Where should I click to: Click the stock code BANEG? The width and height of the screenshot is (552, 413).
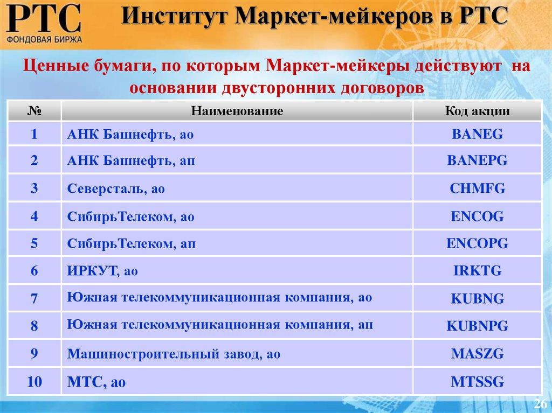pyautogui.click(x=477, y=134)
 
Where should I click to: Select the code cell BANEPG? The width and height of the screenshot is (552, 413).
pyautogui.click(x=477, y=161)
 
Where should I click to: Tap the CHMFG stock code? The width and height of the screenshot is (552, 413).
pyautogui.click(x=477, y=188)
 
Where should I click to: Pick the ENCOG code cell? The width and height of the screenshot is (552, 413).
pyautogui.click(x=477, y=216)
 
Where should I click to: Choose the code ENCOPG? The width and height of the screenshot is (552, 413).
pyautogui.click(x=477, y=243)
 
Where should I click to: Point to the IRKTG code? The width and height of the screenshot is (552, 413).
pyautogui.click(x=477, y=271)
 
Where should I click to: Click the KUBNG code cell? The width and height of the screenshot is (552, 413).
pyautogui.click(x=477, y=299)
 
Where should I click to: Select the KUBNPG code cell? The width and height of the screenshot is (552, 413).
pyautogui.click(x=477, y=326)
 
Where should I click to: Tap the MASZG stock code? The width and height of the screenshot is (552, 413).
pyautogui.click(x=477, y=354)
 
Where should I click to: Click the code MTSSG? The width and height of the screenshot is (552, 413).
pyautogui.click(x=477, y=382)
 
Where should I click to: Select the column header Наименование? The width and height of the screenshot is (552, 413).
pyautogui.click(x=237, y=111)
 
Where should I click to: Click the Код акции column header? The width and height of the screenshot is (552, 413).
pyautogui.click(x=477, y=111)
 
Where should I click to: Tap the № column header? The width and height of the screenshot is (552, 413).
pyautogui.click(x=34, y=111)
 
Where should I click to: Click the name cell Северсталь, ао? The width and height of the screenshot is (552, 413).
pyautogui.click(x=116, y=189)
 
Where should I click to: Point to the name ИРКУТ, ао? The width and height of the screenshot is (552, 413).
pyautogui.click(x=102, y=271)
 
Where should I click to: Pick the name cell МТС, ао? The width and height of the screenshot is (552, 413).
pyautogui.click(x=96, y=383)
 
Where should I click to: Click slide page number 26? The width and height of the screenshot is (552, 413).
pyautogui.click(x=540, y=404)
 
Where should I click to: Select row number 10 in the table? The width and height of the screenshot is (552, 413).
pyautogui.click(x=34, y=382)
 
